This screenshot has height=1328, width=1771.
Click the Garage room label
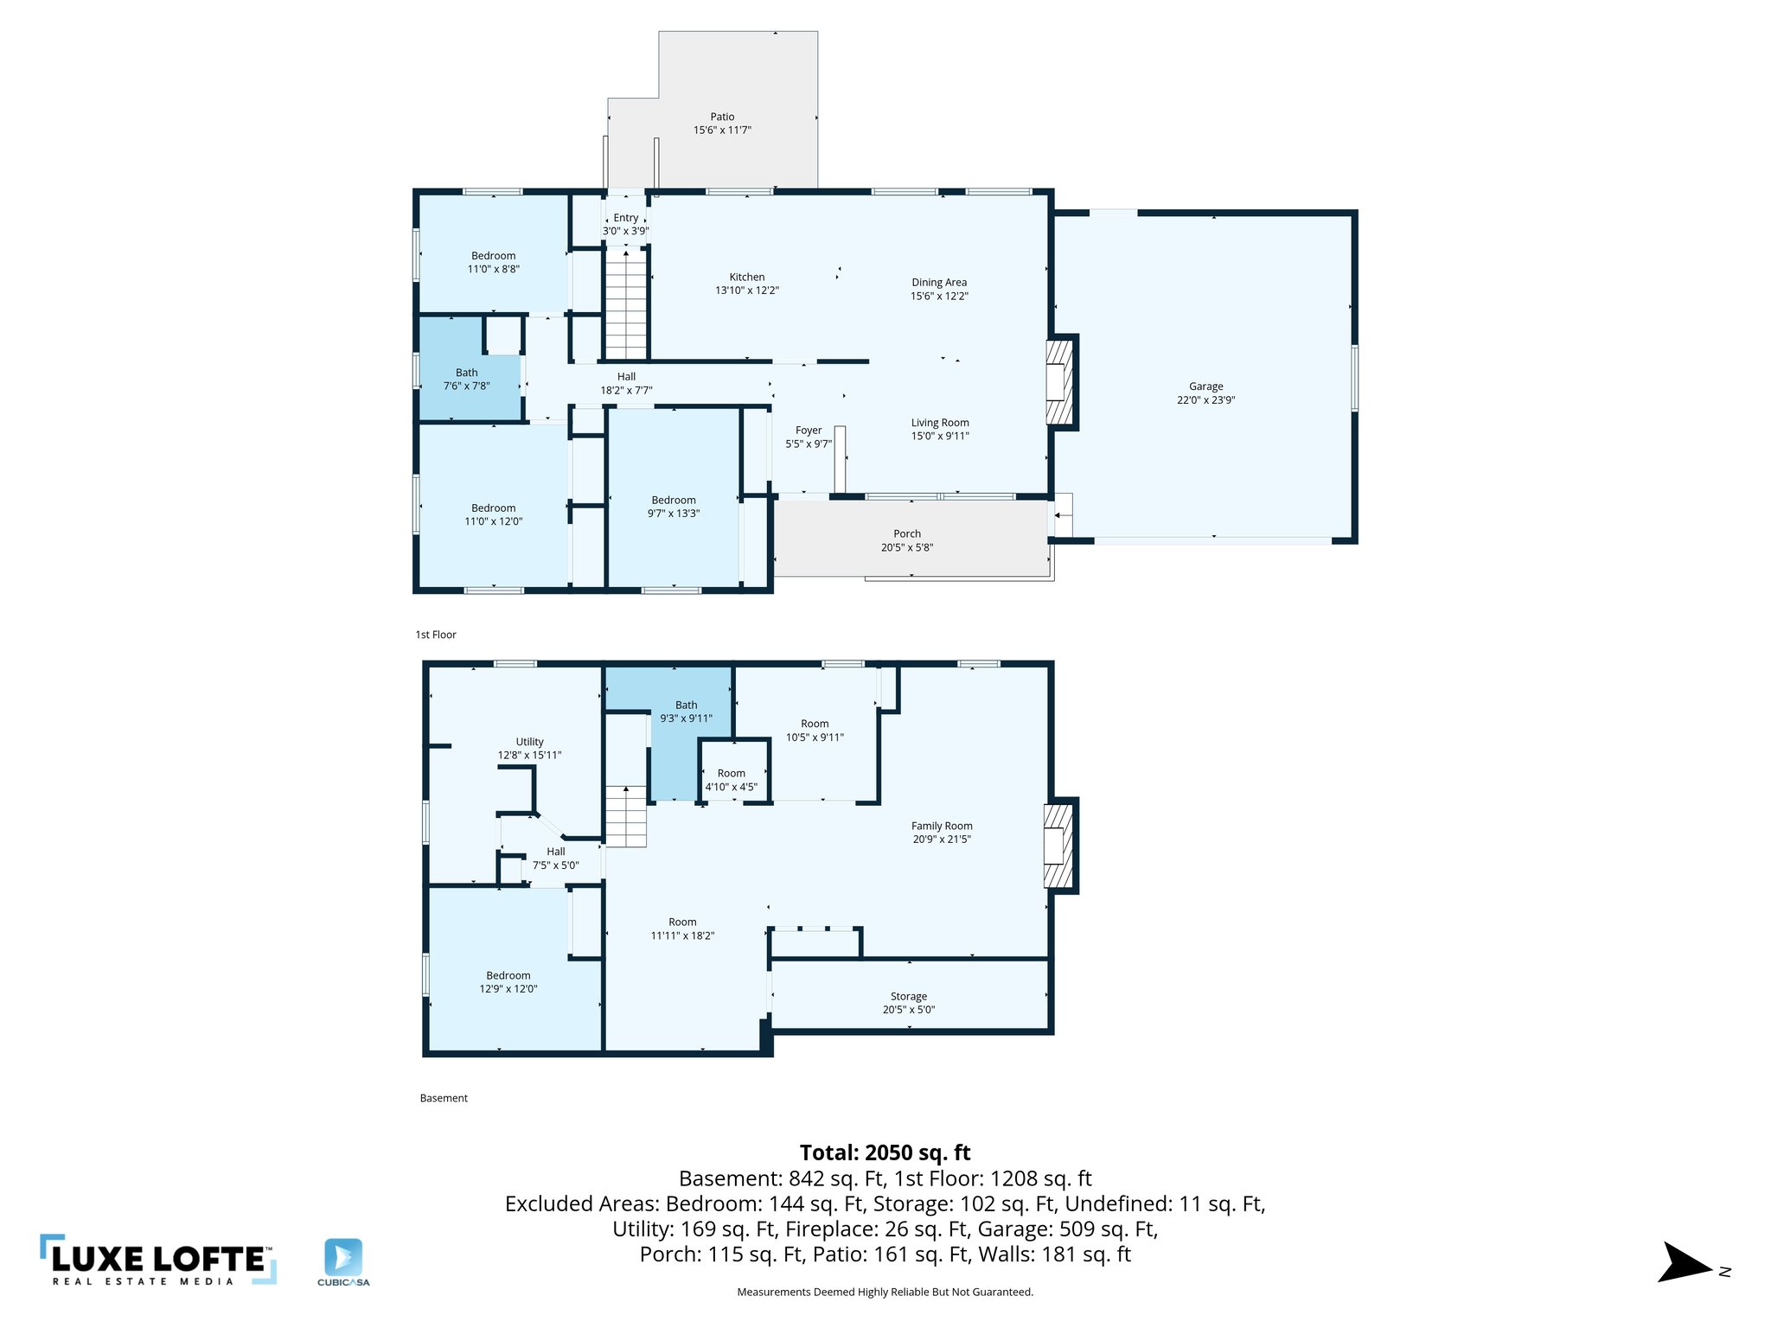pos(1205,386)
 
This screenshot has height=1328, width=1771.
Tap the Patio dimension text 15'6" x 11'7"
pos(722,131)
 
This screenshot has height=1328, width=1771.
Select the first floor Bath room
pos(467,379)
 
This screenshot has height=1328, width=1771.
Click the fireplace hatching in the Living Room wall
pos(1060,380)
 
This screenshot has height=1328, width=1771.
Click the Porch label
pos(907,533)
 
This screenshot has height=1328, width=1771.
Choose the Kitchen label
pos(746,277)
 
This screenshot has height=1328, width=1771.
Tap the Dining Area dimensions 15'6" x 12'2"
pos(939,296)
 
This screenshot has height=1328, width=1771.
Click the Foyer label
pos(809,430)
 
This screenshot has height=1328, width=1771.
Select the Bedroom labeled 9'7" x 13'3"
pos(674,506)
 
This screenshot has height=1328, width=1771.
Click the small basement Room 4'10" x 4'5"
pos(732,779)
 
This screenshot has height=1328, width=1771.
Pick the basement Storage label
pos(909,996)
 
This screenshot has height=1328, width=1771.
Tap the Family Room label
pos(942,826)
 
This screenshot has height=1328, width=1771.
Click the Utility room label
pos(529,742)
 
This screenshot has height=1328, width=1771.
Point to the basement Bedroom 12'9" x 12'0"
pos(508,981)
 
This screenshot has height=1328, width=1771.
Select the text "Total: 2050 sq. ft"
pos(885,1152)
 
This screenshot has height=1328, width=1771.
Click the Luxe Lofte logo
pos(158,1260)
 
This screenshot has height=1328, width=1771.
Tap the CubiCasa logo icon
pos(343,1258)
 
